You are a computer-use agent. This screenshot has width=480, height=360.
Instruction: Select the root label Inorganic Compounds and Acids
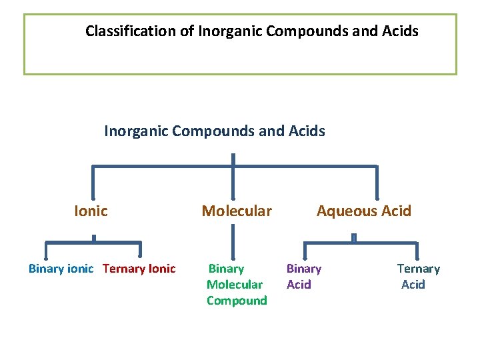(215, 131)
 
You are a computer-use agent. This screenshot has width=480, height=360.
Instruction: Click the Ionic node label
(91, 211)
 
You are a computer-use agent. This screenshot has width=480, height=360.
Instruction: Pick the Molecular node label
(237, 211)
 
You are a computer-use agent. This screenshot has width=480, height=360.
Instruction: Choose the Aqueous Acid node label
(363, 211)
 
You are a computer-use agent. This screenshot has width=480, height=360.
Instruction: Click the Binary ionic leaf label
(61, 269)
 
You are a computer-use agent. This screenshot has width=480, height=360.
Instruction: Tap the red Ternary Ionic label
(139, 269)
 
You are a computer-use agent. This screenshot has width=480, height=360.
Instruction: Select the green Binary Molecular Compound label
(236, 285)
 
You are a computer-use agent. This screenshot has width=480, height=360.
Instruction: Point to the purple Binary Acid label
(303, 277)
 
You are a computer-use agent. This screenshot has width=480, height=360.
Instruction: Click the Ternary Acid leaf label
(418, 277)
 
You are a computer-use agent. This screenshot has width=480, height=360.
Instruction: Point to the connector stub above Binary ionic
(46, 249)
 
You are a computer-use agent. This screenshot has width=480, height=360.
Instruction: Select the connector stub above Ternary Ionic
(140, 249)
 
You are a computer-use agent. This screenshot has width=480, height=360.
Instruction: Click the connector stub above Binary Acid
(303, 249)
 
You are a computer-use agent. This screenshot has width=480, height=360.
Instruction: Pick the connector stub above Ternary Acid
(417, 249)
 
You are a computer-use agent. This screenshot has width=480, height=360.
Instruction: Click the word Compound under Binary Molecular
(237, 301)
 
